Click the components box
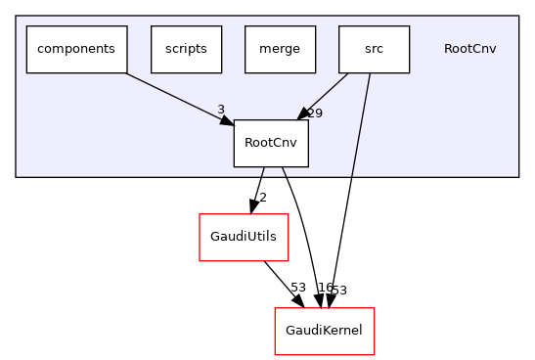(76, 49)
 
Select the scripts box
(186, 49)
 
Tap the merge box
(280, 49)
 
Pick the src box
(374, 49)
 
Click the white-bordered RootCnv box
(271, 143)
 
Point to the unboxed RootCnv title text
(469, 49)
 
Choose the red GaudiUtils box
(244, 237)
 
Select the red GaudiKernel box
(324, 331)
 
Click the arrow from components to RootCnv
(176, 96)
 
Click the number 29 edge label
(315, 113)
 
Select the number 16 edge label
(326, 288)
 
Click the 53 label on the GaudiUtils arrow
(297, 288)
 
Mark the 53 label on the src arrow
(338, 291)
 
